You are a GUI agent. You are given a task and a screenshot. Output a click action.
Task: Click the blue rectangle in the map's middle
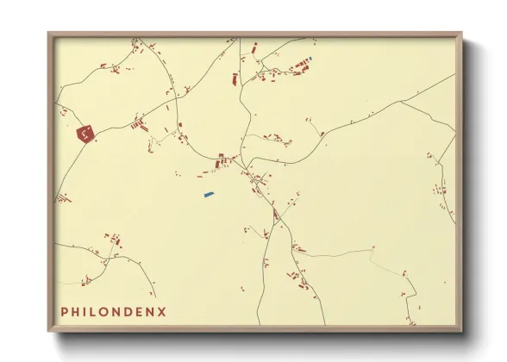point(208,194)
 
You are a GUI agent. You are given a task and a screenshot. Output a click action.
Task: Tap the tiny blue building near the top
point(310,58)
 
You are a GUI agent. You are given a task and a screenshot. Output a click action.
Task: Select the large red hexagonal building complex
point(84,134)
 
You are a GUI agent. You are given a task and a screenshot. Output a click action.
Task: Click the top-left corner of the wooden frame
point(49,34)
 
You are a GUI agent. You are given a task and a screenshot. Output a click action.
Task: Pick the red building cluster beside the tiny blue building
point(301,64)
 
